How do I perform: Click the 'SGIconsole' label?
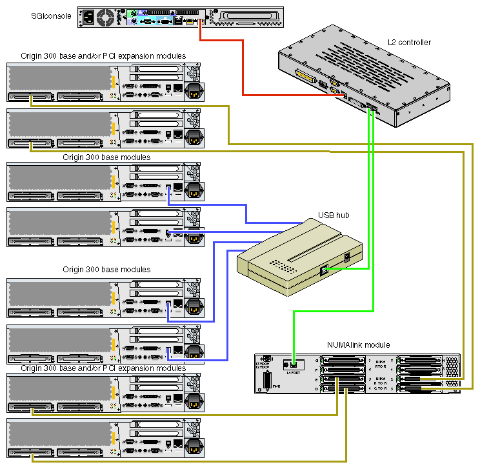tap(51, 15)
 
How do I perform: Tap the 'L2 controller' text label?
tap(409, 43)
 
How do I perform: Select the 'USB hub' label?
tap(334, 215)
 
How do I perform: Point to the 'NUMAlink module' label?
tap(359, 345)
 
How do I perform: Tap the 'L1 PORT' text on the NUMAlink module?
tap(293, 372)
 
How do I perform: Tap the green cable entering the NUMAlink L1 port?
tap(294, 335)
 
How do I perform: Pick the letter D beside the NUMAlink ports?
tap(316, 388)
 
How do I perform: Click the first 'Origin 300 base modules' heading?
tap(106, 157)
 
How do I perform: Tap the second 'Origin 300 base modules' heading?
tap(106, 270)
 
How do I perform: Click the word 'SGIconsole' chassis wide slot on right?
tap(249, 17)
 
